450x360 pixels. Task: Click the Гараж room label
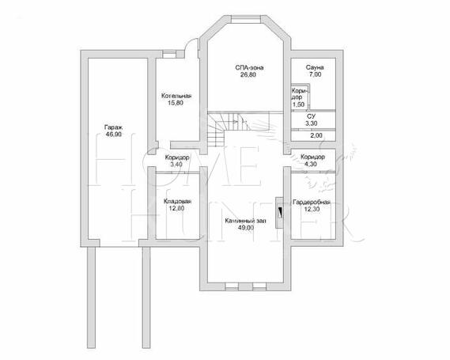113,127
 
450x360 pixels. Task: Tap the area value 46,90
114,135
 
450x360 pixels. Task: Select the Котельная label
176,96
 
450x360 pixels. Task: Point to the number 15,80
176,103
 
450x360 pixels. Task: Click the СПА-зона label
249,68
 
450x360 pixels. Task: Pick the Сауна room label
315,68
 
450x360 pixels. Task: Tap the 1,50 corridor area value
298,104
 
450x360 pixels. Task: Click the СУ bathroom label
311,116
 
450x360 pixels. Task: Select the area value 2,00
316,135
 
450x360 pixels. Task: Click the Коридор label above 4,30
312,157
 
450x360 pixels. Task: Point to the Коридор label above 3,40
177,157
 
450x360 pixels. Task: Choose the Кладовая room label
177,202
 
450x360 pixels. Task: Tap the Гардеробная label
311,203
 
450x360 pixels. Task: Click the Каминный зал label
245,221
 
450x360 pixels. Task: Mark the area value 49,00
246,228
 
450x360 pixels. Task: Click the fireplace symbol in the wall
279,213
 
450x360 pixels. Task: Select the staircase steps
227,129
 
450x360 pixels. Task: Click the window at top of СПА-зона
246,20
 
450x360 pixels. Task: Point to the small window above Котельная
169,54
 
